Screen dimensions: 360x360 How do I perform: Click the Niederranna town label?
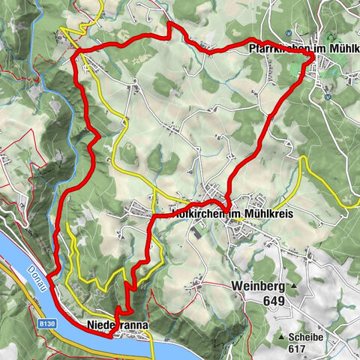[x=118, y=325]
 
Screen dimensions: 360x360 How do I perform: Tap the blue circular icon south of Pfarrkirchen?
[x=328, y=96]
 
